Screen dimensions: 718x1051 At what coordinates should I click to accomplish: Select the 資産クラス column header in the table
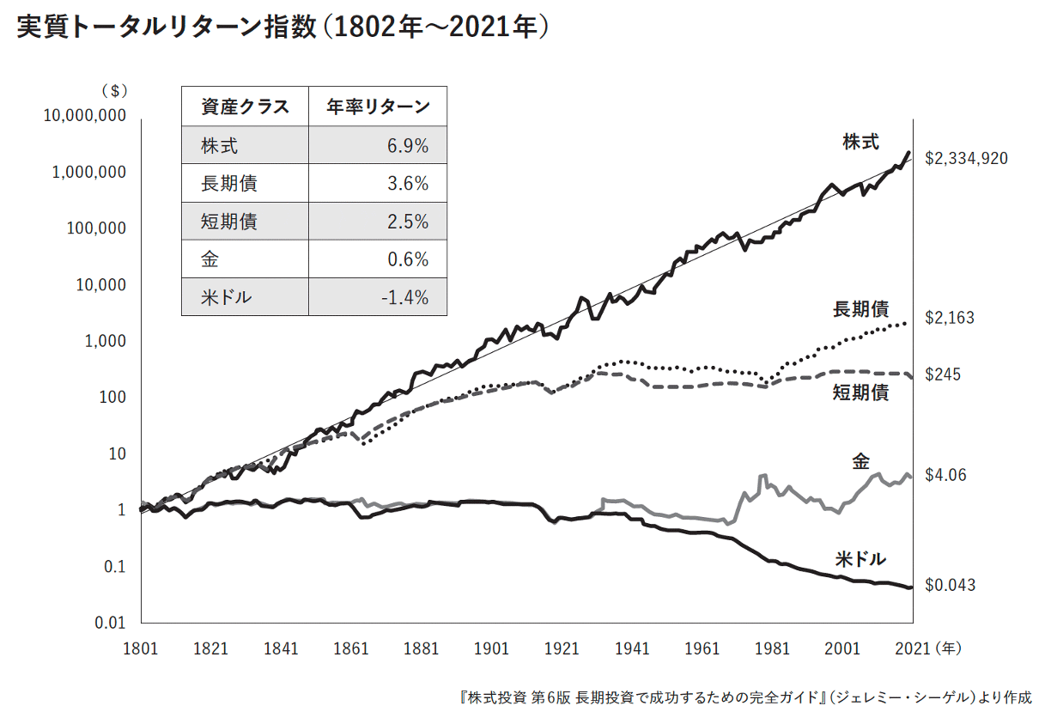[245, 107]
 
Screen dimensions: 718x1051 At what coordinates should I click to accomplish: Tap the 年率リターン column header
[378, 107]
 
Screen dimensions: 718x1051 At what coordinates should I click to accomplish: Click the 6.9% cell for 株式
[409, 146]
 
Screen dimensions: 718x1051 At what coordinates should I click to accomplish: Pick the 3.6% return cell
[409, 184]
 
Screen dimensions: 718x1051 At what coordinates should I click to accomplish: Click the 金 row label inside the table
[210, 259]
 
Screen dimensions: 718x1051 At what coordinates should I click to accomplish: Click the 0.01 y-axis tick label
[110, 623]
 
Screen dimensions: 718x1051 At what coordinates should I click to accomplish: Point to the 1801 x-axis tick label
[141, 648]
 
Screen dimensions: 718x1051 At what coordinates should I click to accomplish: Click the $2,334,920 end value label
[966, 158]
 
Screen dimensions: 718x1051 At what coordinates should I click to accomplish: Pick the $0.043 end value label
[950, 585]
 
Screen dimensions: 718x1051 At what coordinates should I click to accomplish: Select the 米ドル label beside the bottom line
[860, 559]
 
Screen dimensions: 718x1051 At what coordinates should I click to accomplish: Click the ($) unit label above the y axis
[113, 90]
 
